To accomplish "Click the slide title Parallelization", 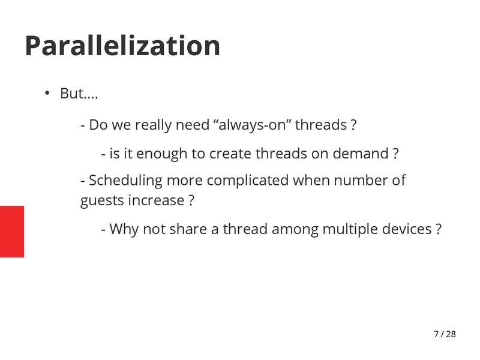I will coord(122,46).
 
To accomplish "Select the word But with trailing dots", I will coord(79,94).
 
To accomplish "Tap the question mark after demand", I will coord(395,154).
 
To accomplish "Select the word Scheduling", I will coord(125,180).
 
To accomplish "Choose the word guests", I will coord(102,200).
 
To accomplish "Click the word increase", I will coord(156,200).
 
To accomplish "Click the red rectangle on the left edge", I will coord(12,232).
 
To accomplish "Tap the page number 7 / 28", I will coord(444,334).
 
